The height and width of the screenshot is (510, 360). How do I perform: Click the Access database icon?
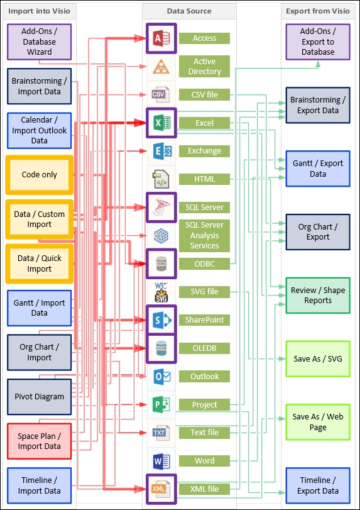161,38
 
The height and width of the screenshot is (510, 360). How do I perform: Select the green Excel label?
204,123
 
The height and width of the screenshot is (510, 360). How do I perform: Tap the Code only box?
40,175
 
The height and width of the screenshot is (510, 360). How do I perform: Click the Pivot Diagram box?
40,396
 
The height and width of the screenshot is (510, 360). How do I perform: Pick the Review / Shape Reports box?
318,296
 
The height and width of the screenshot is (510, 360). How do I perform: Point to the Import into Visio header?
40,11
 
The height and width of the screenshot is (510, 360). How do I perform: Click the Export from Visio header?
318,11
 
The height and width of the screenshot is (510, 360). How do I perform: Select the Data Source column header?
189,11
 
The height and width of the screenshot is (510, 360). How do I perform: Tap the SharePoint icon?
161,319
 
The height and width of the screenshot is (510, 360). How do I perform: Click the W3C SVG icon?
161,292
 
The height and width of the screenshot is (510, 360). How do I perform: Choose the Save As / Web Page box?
318,422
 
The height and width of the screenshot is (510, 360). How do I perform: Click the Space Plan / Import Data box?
40,441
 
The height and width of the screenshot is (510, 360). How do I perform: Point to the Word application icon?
161,461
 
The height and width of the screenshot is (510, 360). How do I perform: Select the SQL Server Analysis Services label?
204,235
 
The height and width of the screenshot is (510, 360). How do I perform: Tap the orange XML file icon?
161,489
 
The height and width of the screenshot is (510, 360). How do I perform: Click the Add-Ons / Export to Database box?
318,42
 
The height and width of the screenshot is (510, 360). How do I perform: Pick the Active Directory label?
204,67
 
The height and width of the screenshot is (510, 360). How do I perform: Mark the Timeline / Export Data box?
318,485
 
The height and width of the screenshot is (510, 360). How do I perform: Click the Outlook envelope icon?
161,377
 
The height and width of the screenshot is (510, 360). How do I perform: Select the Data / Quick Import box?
40,263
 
